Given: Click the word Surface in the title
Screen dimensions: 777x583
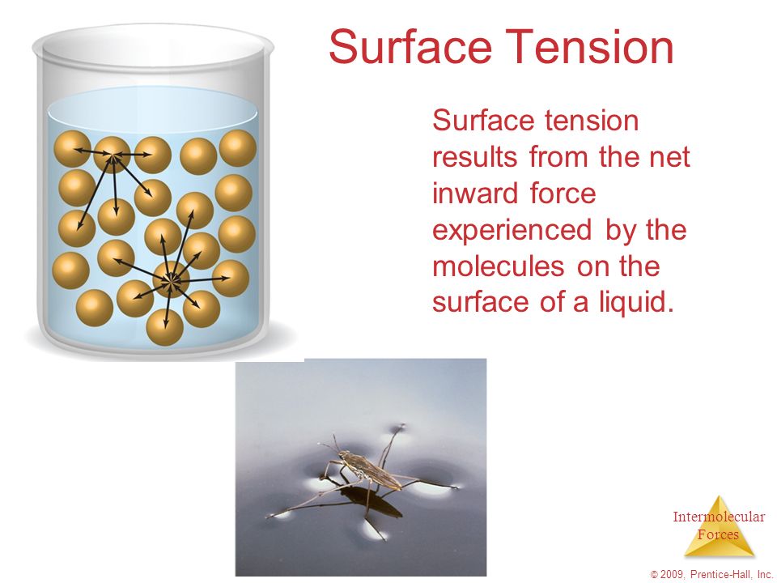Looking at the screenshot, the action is (410, 46).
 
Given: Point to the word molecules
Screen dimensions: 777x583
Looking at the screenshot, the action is (498, 266).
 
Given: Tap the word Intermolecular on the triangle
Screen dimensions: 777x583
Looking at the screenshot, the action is (719, 517).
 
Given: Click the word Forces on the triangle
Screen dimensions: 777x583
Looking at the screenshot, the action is (718, 534).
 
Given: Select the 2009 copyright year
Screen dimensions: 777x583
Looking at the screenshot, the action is (672, 574).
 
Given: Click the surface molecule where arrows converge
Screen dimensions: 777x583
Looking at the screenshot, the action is (113, 155).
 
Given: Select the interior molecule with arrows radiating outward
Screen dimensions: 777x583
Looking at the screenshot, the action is (171, 279).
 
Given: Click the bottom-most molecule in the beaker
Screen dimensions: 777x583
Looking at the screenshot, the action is (165, 327).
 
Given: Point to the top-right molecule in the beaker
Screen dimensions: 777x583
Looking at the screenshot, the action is (238, 148).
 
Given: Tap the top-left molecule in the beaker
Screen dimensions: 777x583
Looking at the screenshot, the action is (72, 149).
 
